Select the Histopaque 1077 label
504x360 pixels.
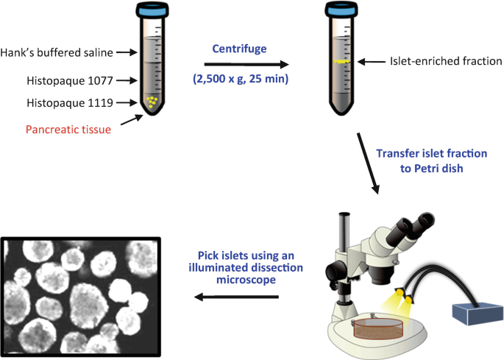(x=68, y=80)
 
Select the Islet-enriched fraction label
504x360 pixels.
(x=438, y=63)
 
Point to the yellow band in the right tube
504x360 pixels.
(x=339, y=63)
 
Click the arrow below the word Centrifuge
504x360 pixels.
(x=240, y=63)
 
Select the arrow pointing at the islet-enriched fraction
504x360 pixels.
(x=370, y=64)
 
